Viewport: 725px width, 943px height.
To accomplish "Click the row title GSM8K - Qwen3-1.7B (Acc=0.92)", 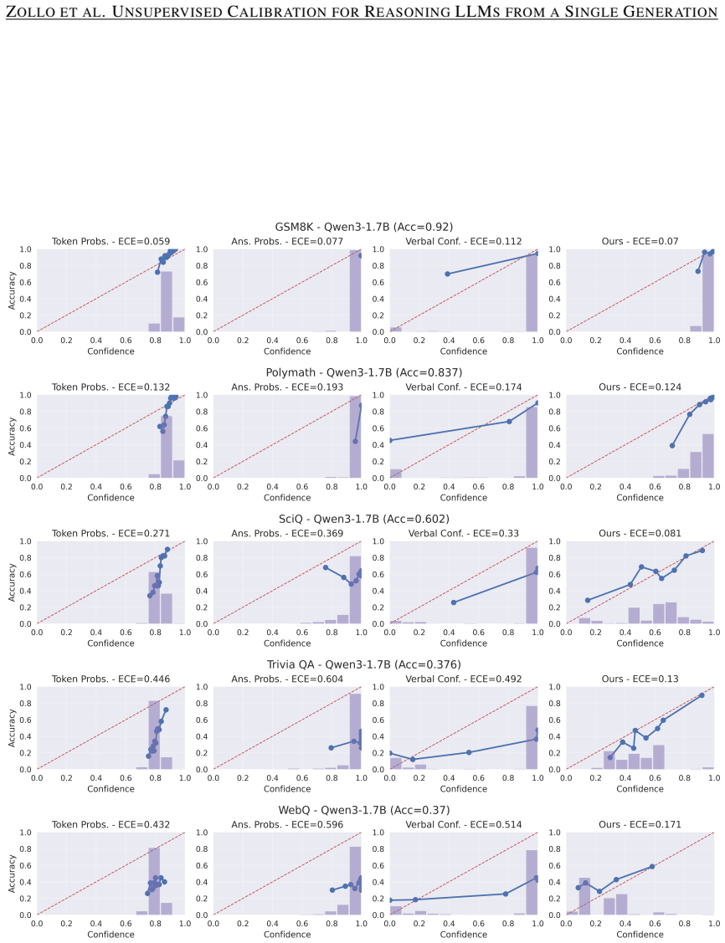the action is coord(364,227).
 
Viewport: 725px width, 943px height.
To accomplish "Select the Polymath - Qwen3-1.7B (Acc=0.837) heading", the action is coord(364,373).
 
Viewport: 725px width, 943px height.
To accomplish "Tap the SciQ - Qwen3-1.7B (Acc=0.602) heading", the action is coord(364,519).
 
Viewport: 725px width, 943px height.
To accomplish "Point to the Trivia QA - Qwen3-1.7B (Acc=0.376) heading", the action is coord(364,664).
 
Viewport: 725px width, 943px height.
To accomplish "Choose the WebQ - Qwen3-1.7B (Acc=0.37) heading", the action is coord(364,810).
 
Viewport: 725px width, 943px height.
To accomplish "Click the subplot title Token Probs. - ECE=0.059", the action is coord(111,241).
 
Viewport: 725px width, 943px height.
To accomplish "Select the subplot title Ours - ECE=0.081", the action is coord(640,534).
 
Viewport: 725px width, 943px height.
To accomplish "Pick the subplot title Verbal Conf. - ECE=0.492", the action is coord(464,679).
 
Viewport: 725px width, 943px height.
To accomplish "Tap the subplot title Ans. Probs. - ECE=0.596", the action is coord(288,824).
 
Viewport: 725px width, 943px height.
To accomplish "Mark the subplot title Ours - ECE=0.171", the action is coord(640,824).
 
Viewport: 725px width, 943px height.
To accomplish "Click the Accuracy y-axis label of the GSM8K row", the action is coord(12,290).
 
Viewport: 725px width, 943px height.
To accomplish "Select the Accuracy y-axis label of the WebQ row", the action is coord(12,874).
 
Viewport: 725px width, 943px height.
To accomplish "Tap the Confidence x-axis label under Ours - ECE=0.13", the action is coord(640,788).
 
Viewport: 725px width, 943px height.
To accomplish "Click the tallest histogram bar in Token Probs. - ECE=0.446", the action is coord(154,735).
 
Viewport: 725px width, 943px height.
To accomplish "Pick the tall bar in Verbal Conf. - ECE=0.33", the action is coord(532,586).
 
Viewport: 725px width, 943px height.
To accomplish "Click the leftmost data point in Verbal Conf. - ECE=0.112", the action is coord(448,274).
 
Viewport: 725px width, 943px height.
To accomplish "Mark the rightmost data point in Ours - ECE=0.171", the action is coord(652,867).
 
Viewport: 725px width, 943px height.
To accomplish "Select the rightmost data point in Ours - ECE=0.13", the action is coord(702,695).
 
